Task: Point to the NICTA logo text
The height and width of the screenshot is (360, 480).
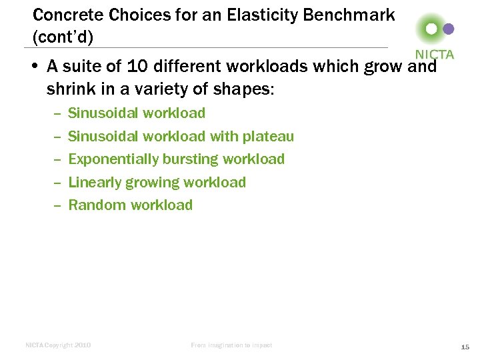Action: click(x=434, y=55)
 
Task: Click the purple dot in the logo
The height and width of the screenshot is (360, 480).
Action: click(x=449, y=29)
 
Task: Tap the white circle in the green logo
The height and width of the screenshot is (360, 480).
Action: click(x=431, y=29)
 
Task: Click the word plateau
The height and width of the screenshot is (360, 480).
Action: click(x=268, y=137)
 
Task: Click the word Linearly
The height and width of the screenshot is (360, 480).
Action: click(x=95, y=182)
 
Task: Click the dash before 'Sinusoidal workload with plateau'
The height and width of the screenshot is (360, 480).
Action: click(x=56, y=137)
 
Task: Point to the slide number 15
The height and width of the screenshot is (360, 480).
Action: click(x=465, y=347)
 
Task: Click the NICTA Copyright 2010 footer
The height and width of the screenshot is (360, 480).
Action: click(x=58, y=345)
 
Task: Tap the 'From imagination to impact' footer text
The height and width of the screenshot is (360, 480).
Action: click(x=231, y=345)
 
